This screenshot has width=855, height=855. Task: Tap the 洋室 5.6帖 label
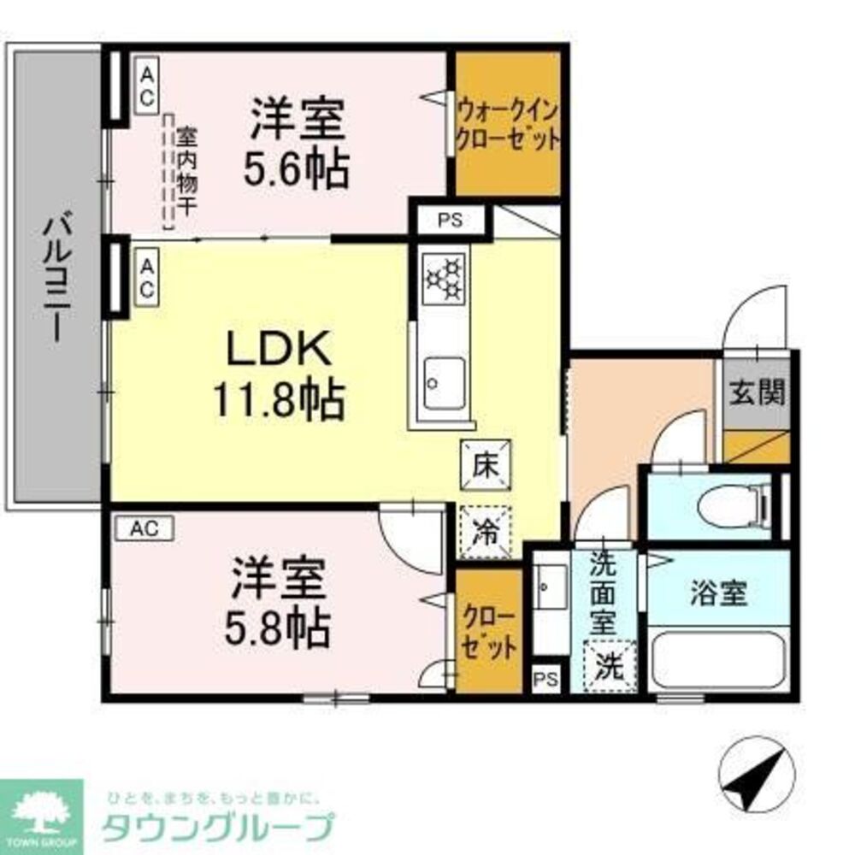pyautogui.click(x=297, y=143)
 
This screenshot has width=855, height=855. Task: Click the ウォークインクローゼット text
pyautogui.click(x=508, y=125)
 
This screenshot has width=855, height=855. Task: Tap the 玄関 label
pyautogui.click(x=757, y=393)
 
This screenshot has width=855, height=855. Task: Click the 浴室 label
pyautogui.click(x=718, y=593)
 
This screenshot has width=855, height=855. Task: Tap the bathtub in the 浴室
pyautogui.click(x=716, y=659)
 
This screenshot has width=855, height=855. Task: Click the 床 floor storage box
pyautogui.click(x=485, y=466)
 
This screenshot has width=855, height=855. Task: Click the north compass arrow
pyautogui.click(x=752, y=775)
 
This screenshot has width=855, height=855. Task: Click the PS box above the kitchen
pyautogui.click(x=450, y=220)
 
